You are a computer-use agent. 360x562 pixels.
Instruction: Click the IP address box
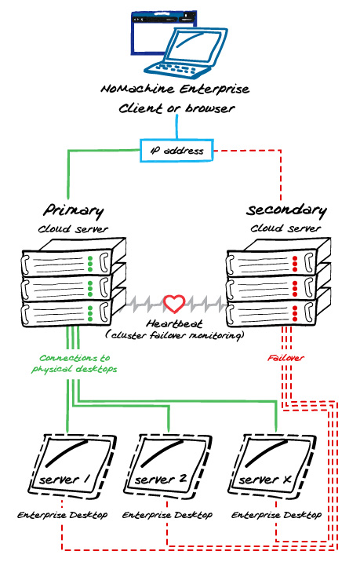point(177,150)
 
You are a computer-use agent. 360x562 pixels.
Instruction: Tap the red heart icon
point(174,303)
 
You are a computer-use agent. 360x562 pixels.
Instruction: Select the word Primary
point(74,210)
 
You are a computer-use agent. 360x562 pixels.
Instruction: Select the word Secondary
point(286,210)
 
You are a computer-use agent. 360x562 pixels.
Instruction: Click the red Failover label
point(285,358)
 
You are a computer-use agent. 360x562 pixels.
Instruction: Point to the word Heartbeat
point(174,323)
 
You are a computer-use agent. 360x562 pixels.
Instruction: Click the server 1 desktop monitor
point(73,465)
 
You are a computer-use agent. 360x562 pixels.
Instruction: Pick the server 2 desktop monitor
point(168,465)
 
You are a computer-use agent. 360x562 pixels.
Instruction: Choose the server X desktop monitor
point(273,465)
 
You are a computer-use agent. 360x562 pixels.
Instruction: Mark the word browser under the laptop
point(210,108)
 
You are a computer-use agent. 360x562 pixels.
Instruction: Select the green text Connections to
point(75,358)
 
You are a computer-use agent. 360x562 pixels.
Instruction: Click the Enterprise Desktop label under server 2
point(167,516)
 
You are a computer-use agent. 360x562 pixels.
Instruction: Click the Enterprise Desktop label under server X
point(276,516)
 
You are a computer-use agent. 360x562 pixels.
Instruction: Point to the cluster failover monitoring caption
point(175,335)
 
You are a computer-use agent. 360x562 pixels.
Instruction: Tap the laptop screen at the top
point(195,45)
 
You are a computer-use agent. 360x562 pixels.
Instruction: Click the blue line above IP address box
point(176,126)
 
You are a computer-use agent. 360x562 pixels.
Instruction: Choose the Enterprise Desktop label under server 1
point(62,516)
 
